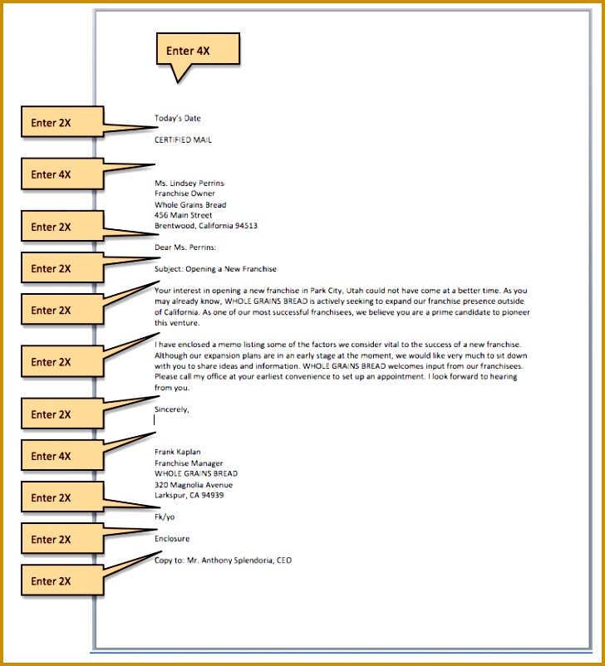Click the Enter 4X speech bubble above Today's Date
click(198, 50)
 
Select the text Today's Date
click(177, 118)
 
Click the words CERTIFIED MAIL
click(183, 140)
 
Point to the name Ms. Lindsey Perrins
click(189, 183)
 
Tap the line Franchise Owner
click(184, 193)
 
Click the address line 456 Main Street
click(183, 215)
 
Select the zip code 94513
click(246, 226)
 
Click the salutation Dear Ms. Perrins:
click(185, 247)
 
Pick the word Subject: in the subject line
click(169, 269)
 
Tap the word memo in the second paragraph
click(229, 345)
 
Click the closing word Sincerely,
click(172, 409)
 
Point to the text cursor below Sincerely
click(155, 420)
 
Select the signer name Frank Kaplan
click(177, 452)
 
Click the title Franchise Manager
click(189, 463)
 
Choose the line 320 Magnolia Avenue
click(194, 485)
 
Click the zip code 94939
click(213, 495)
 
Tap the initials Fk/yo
click(165, 517)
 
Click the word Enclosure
click(172, 539)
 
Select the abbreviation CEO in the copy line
click(284, 561)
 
